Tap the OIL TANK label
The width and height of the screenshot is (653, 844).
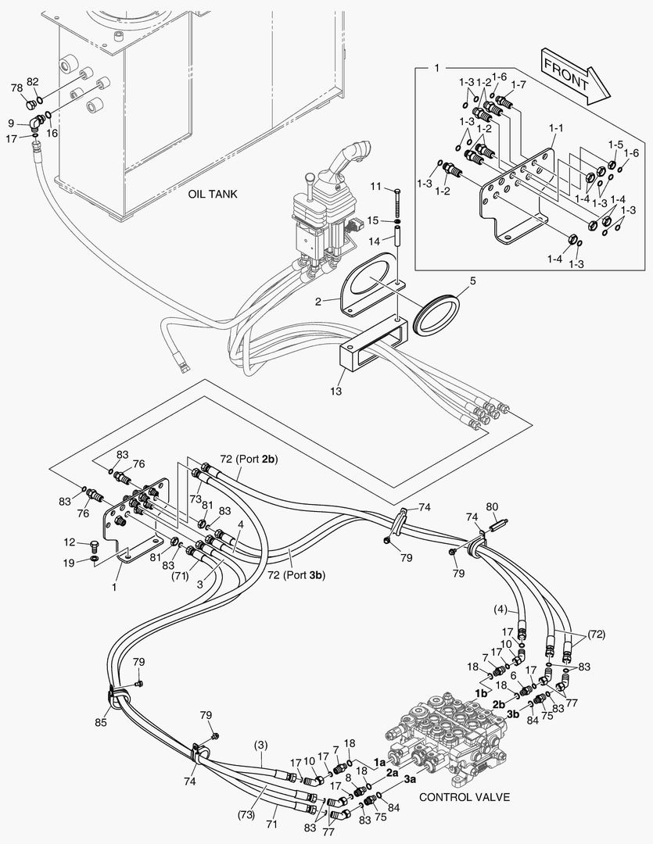click(212, 194)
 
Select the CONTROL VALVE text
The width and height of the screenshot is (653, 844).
click(465, 798)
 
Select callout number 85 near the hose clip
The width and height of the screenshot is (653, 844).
click(102, 722)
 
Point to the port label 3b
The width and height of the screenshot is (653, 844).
click(512, 714)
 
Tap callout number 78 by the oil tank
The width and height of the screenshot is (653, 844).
click(16, 88)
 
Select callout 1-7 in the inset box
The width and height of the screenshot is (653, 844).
click(518, 84)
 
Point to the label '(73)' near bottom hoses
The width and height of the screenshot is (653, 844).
click(247, 814)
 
